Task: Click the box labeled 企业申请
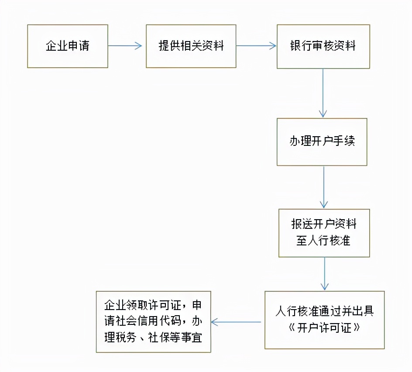[68, 46]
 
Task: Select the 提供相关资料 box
[191, 46]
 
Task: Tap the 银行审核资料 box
[323, 46]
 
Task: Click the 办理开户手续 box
[322, 142]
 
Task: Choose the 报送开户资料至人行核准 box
[324, 233]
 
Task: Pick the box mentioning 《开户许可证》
[324, 320]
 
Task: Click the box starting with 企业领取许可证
[153, 322]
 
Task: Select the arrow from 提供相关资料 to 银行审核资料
[257, 46]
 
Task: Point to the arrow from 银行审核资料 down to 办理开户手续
[323, 93]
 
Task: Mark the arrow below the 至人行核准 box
[324, 273]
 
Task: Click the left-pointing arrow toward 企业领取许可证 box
[236, 323]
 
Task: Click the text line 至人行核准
[324, 241]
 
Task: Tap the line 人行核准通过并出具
[324, 312]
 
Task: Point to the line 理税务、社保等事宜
[153, 338]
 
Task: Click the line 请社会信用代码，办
[153, 321]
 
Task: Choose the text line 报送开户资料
[324, 224]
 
